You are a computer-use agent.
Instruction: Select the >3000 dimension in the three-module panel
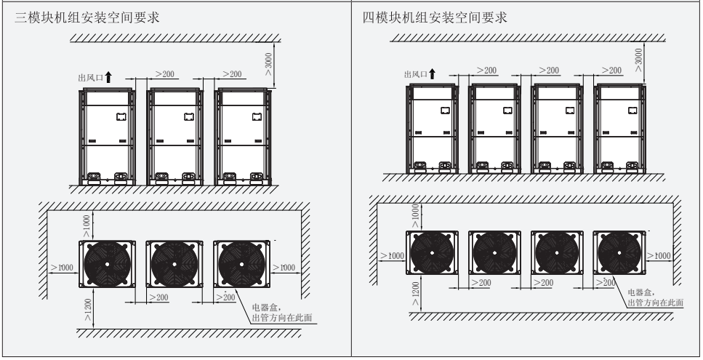tap(270, 63)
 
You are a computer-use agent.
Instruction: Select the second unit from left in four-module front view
tap(494, 128)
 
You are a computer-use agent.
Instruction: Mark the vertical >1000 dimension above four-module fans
tap(415, 216)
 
